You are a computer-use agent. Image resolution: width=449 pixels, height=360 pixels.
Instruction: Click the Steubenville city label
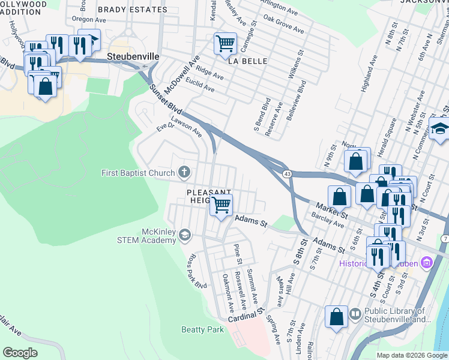pyautogui.click(x=133, y=56)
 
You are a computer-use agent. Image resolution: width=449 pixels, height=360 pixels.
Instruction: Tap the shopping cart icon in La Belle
pyautogui.click(x=225, y=43)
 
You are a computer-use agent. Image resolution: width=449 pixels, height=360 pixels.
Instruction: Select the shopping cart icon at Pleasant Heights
pyautogui.click(x=221, y=205)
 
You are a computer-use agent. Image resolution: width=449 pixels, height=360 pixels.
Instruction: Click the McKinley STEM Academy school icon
pyautogui.click(x=185, y=236)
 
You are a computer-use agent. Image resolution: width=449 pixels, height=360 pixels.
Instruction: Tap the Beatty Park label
pyautogui.click(x=202, y=329)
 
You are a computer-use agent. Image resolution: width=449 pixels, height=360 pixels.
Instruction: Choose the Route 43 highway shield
pyautogui.click(x=288, y=174)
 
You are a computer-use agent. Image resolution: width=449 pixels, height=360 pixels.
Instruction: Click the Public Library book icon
pyautogui.click(x=355, y=314)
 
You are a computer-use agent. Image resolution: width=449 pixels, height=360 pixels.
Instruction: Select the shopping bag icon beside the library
pyautogui.click(x=337, y=317)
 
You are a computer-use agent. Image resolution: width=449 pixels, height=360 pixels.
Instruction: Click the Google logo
pyautogui.click(x=20, y=353)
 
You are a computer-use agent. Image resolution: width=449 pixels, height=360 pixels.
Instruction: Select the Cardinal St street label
pyautogui.click(x=246, y=314)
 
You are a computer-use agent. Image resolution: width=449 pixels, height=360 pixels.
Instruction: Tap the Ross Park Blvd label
pyautogui.click(x=196, y=271)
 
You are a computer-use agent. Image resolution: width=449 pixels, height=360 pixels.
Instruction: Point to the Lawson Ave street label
pyautogui.click(x=186, y=127)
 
